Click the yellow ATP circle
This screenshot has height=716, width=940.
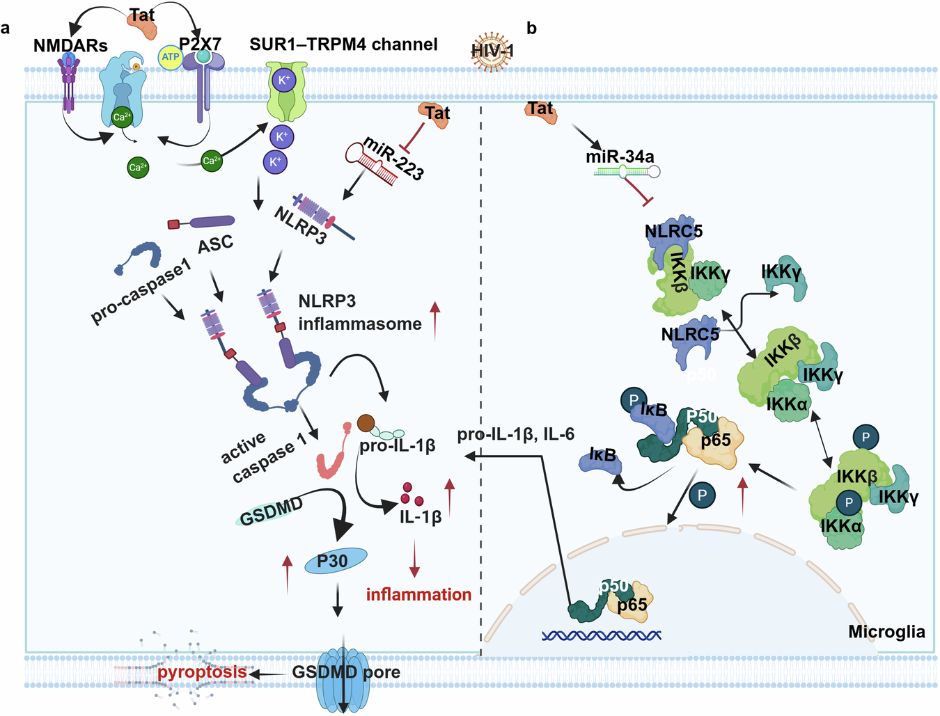(171, 57)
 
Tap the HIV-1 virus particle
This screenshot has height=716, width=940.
(492, 51)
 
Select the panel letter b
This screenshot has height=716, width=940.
(531, 29)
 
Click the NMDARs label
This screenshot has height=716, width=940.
(70, 46)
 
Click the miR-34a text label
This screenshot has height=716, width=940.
(620, 157)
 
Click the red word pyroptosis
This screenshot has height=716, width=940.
(202, 672)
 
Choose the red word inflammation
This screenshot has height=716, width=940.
(418, 595)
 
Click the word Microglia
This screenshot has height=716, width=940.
(886, 632)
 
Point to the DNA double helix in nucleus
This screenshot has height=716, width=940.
(601, 635)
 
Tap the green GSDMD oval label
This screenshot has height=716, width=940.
(272, 511)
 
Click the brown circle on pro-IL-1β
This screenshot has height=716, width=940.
(366, 422)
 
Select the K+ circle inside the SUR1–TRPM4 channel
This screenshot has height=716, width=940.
(284, 80)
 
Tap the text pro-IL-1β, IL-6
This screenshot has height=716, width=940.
(515, 435)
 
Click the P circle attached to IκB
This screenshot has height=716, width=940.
(633, 400)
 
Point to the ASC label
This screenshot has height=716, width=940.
(215, 245)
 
